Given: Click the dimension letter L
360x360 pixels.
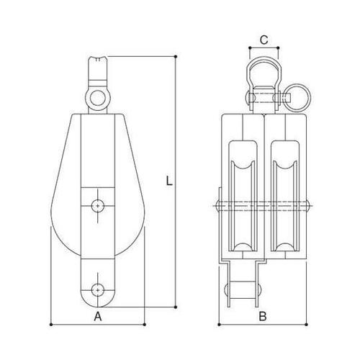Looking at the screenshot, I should [x=168, y=182].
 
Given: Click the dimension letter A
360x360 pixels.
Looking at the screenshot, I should [x=97, y=315].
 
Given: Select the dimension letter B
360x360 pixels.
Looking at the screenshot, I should [x=264, y=315].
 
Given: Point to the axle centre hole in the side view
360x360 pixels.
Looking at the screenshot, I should [x=97, y=205].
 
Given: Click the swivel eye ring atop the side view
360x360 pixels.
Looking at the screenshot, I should [x=97, y=94].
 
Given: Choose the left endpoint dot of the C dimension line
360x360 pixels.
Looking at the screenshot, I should [x=248, y=48].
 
